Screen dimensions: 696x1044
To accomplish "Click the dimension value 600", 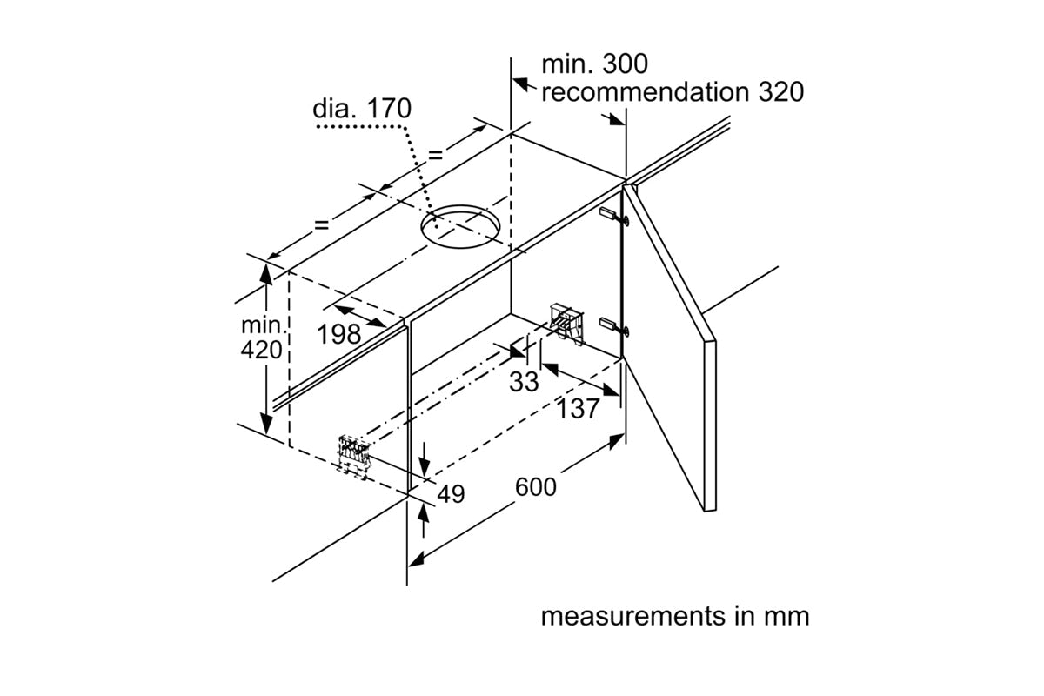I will tap(535, 487).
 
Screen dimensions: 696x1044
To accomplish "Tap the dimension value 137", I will tap(579, 408).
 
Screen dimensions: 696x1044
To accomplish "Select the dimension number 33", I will tap(524, 381).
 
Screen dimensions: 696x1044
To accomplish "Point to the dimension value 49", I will tap(451, 494).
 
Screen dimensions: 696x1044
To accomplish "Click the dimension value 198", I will tap(339, 333).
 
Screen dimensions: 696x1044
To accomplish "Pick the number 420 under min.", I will tap(264, 350).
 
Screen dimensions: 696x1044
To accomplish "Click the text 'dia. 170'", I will tap(362, 110).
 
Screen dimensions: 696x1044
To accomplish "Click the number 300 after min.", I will tap(619, 64).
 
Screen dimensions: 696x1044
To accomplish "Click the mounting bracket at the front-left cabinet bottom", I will tap(354, 455).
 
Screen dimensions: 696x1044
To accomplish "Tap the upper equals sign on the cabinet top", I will tap(434, 156).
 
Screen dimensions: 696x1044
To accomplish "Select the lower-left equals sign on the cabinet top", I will tap(321, 224).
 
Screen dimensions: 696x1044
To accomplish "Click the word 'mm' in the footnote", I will tap(787, 616).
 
